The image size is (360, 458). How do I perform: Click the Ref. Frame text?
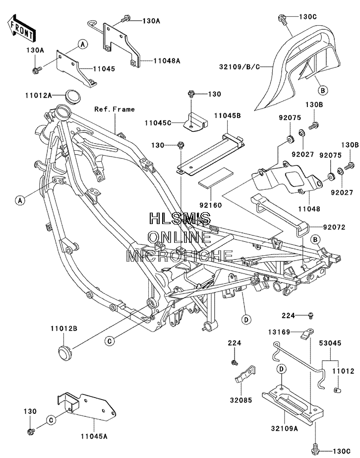tap(114, 109)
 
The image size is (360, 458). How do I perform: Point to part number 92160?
tap(210, 205)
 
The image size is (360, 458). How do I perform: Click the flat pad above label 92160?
tap(216, 178)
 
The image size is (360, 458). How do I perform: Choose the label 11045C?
tap(158, 123)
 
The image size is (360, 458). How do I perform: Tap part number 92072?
tap(334, 227)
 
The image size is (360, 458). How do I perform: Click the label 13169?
tap(279, 332)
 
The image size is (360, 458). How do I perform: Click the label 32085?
tap(240, 400)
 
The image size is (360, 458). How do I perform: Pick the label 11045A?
tap(94, 436)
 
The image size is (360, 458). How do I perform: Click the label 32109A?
tap(284, 428)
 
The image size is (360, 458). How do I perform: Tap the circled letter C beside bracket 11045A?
tap(51, 420)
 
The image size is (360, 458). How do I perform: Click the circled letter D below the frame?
tap(246, 320)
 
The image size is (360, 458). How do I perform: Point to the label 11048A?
tap(167, 61)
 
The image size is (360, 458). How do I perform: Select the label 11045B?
tap(227, 115)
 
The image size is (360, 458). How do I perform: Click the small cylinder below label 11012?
tap(337, 390)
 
